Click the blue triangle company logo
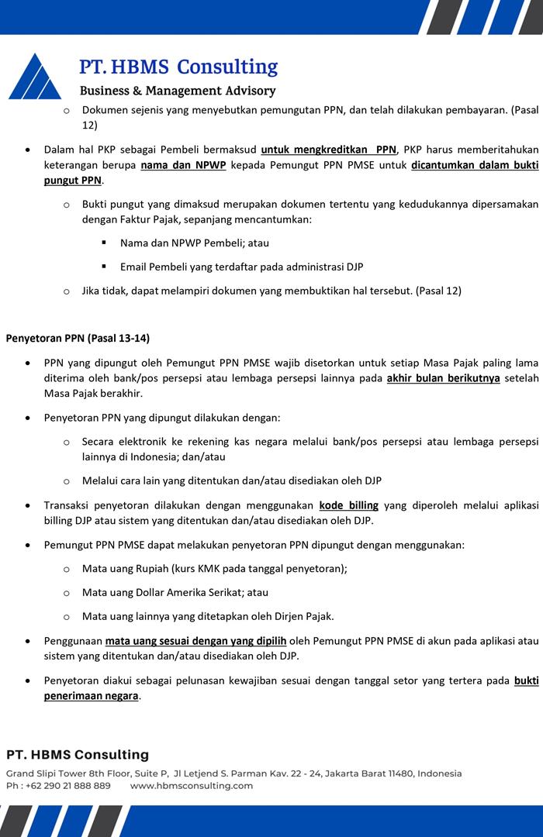coord(35,77)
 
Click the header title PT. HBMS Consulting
coord(178,67)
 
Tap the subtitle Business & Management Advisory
coord(178,91)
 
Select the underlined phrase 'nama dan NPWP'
coord(183,166)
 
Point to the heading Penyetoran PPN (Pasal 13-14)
coord(78,338)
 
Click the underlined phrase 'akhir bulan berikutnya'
coord(443,378)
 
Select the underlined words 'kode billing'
coord(348,505)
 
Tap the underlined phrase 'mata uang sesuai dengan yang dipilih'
coord(196,641)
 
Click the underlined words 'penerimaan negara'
coord(91,695)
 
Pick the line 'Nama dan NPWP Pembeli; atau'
coord(195,243)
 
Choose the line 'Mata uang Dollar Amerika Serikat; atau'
coord(175,592)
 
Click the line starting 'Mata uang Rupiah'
coord(214,568)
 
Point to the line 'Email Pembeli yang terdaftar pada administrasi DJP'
coord(241,267)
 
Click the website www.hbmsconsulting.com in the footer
coord(192,786)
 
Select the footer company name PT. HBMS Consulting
coord(78,755)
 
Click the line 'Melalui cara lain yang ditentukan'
coord(231,481)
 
